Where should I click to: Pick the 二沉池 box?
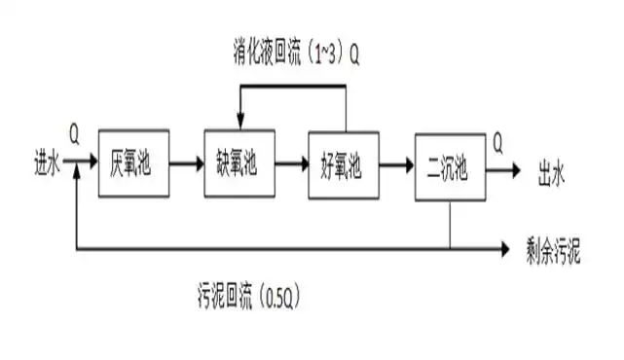point(449,166)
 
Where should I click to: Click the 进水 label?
point(47,165)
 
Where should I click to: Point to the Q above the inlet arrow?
point(75,128)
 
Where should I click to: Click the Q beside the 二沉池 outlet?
point(498,146)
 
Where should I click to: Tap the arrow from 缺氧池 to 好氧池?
point(289,164)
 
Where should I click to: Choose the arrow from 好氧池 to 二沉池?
point(394,164)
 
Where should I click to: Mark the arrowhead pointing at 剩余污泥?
point(503,250)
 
